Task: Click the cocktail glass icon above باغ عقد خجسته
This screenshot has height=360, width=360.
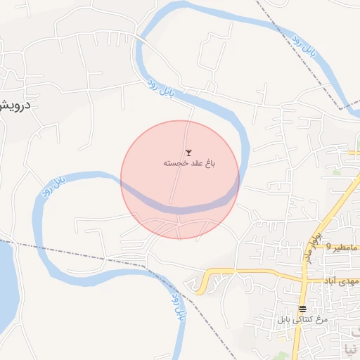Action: (188, 152)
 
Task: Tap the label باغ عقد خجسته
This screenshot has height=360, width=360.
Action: (188, 163)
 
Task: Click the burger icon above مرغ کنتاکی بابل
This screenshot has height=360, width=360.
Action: (302, 309)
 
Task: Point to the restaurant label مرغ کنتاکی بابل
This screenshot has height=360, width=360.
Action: (302, 320)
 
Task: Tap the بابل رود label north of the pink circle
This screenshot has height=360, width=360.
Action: (160, 89)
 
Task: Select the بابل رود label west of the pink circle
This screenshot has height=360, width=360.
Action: (54, 186)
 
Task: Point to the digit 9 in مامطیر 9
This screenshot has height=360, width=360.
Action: (327, 248)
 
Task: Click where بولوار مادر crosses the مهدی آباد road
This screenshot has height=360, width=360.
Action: (303, 271)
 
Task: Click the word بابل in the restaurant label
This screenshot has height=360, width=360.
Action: (283, 320)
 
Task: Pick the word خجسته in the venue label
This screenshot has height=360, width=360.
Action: (173, 163)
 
